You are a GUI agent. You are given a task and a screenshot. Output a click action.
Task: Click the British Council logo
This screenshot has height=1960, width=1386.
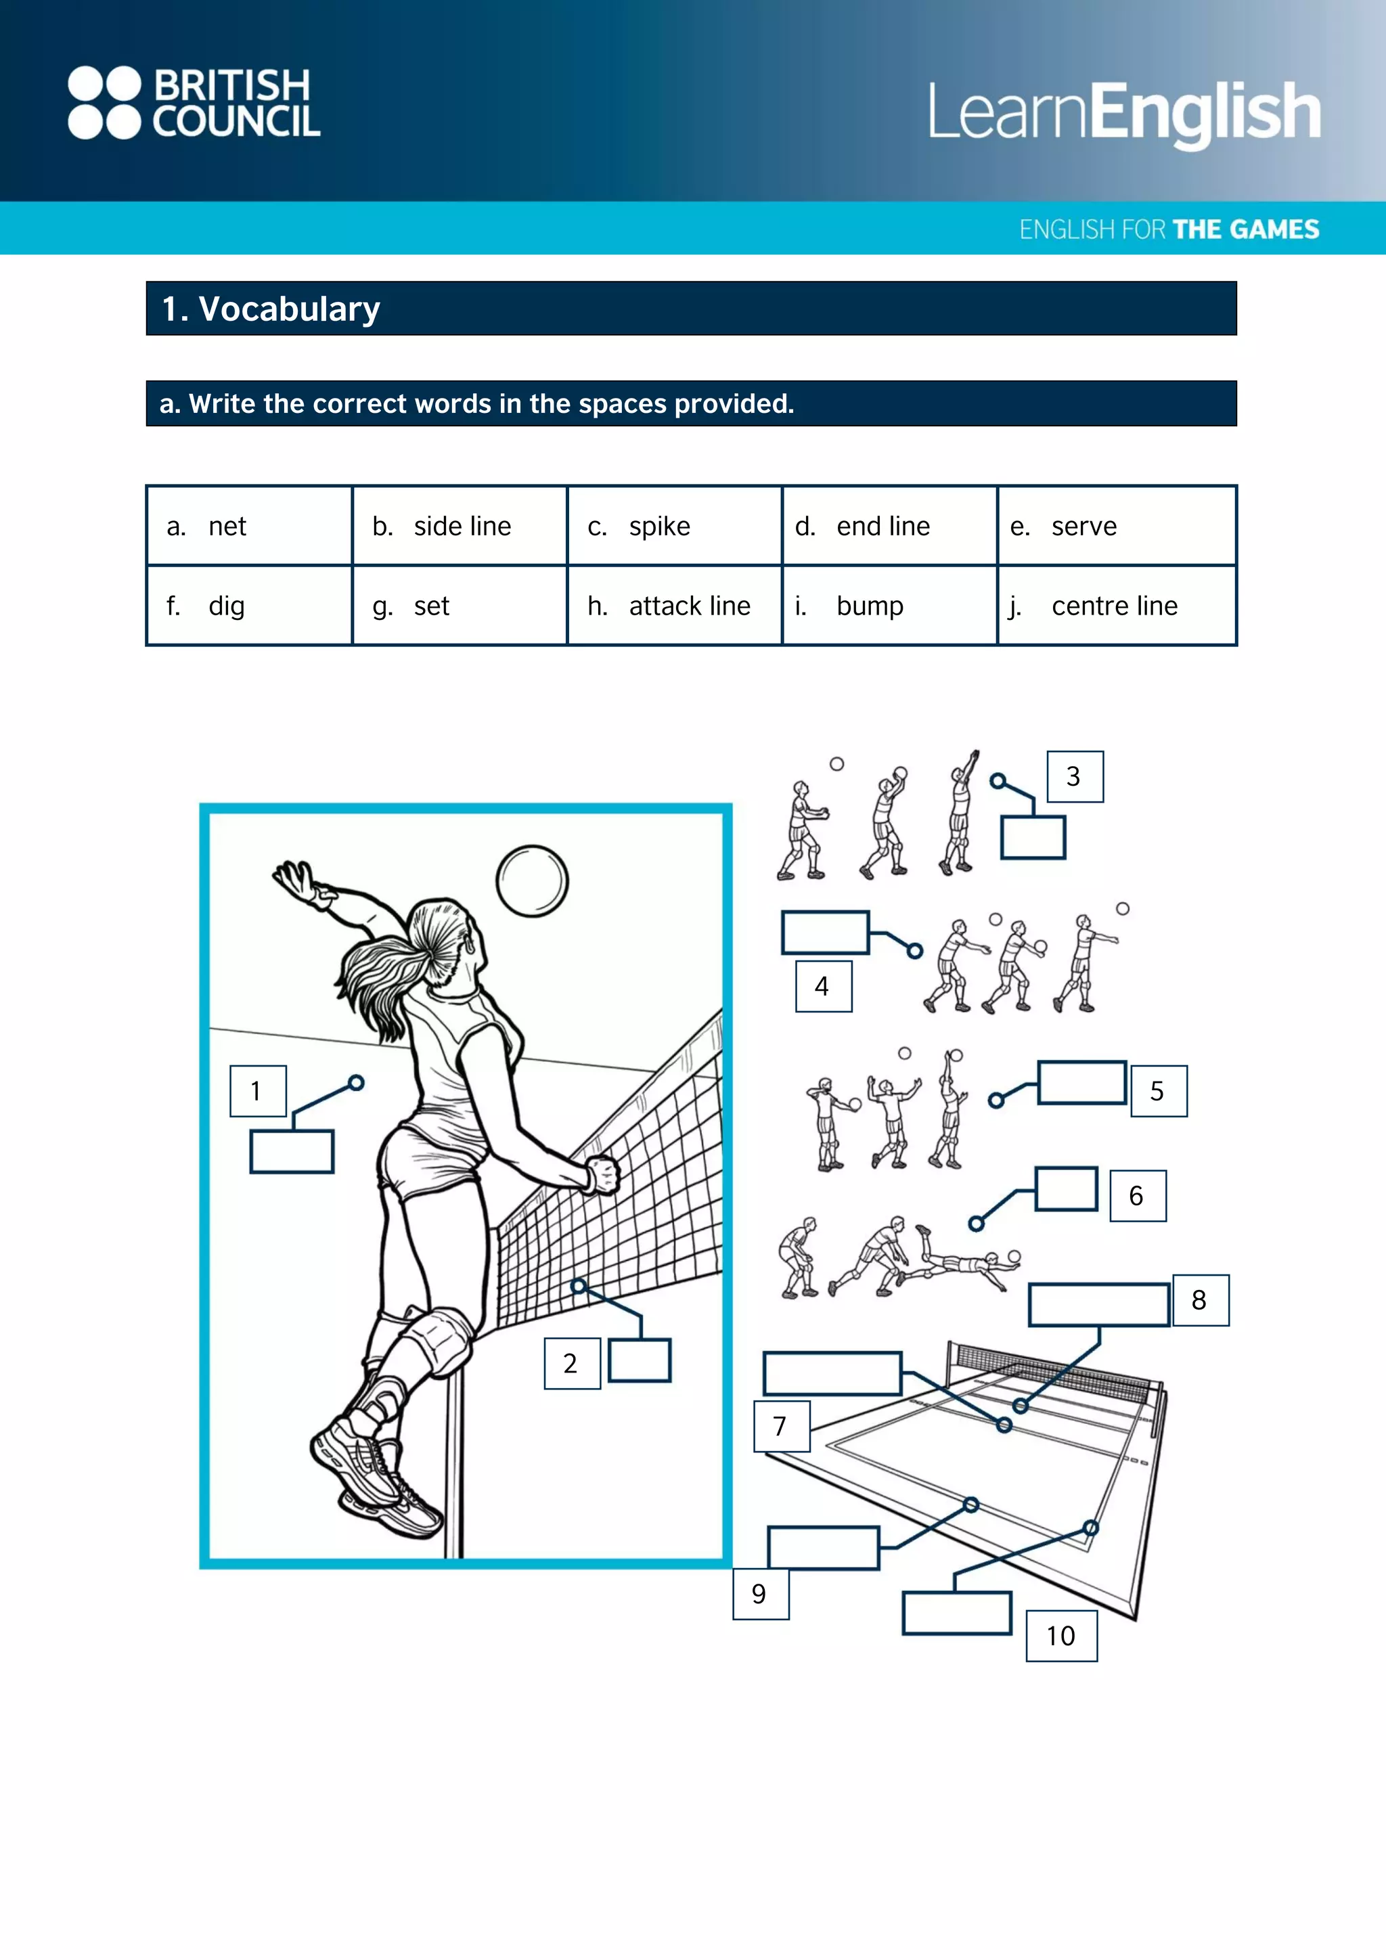pos(194,102)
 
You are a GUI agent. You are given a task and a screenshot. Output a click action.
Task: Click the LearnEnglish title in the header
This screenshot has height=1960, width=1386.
pos(1124,112)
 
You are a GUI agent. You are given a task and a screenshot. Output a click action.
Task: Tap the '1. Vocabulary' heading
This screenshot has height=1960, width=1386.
pos(271,309)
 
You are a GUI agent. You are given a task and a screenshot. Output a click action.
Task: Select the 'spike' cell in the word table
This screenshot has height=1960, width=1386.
pos(673,526)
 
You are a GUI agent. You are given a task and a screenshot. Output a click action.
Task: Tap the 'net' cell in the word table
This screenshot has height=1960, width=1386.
pos(248,526)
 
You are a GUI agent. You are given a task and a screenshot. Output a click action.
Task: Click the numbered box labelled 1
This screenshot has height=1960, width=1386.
pos(257,1090)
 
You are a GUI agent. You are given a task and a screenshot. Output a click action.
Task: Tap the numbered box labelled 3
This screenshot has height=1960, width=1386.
pos(1075,776)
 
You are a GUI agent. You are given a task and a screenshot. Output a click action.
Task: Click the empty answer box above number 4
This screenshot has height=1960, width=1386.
pos(824,931)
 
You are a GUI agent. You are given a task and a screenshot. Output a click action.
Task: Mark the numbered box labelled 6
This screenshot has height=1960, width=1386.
pos(1137,1195)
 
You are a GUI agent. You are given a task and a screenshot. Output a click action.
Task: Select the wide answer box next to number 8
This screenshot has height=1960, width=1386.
pos(1098,1304)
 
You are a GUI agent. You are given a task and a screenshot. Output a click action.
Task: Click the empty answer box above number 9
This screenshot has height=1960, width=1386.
pos(823,1548)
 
